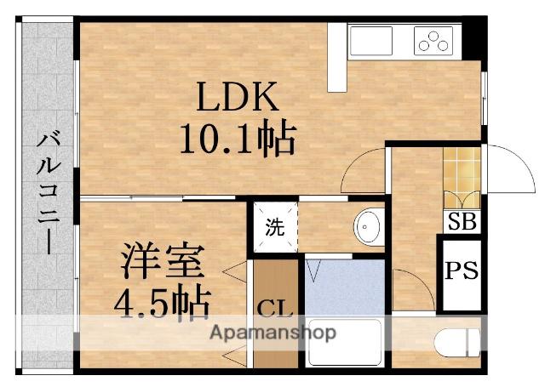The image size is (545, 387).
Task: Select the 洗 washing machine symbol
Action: pos(274,227)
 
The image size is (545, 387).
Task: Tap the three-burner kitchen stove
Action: pos(435,40)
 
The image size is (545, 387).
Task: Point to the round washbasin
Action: pos(369,227)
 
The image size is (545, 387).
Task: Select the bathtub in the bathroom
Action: pos(344,344)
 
